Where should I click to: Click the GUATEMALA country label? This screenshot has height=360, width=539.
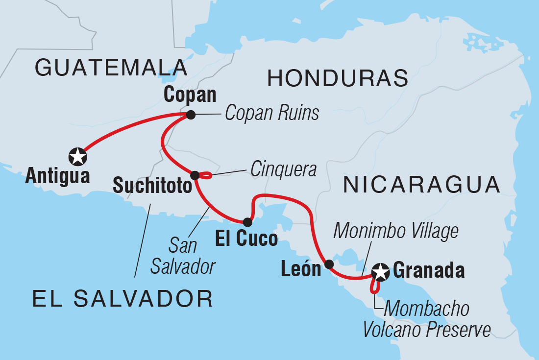[111, 68]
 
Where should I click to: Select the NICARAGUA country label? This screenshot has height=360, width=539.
[421, 185]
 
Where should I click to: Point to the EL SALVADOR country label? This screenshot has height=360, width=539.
[122, 298]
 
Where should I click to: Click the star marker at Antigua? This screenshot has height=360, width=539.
[78, 157]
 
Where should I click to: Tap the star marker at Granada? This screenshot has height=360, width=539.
[380, 271]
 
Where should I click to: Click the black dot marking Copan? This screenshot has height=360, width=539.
[191, 115]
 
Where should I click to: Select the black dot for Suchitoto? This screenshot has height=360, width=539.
[195, 175]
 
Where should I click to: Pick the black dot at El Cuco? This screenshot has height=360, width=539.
[247, 222]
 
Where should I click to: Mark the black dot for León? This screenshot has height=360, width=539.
[329, 264]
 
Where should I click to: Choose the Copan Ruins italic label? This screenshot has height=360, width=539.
[272, 114]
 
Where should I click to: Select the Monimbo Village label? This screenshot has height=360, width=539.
[396, 231]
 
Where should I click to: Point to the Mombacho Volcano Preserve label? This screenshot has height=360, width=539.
[426, 319]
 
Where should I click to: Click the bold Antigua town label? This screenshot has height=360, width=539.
[58, 176]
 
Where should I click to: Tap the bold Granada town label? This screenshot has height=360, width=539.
[429, 270]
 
